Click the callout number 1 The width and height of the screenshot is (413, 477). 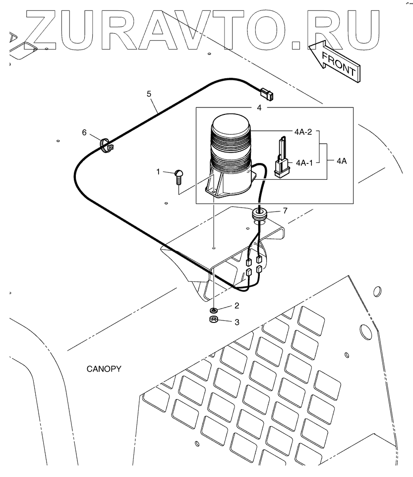[158, 171]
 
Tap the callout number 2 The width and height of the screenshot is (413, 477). [236, 306]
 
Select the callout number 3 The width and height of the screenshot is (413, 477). [236, 322]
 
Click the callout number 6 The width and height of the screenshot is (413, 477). [84, 132]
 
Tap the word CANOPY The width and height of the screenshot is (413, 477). [104, 369]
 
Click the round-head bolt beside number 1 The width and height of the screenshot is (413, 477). [178, 177]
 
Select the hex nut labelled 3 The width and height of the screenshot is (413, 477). [214, 320]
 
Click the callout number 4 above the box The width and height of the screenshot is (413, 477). [258, 107]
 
